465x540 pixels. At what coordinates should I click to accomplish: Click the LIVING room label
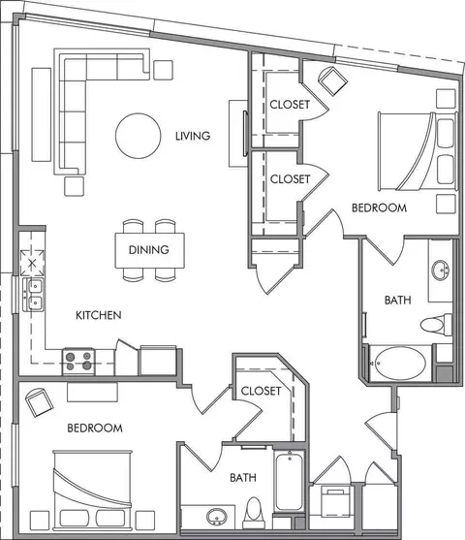tap(193, 136)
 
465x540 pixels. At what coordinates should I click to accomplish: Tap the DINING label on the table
tap(148, 250)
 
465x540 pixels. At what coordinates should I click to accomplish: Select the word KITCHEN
tap(99, 315)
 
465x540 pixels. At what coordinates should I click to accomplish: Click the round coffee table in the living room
tap(139, 136)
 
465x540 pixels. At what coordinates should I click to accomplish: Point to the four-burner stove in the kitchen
tap(78, 362)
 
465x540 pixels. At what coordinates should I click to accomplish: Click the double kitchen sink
tap(33, 295)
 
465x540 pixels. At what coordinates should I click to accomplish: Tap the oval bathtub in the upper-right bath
tap(400, 364)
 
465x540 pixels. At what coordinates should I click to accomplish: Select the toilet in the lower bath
tap(254, 513)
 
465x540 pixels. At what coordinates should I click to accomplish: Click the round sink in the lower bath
tap(217, 517)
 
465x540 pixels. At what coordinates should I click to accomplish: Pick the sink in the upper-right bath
tap(441, 270)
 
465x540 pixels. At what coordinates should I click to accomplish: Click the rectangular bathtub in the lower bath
tap(290, 482)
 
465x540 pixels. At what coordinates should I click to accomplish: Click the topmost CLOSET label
tap(290, 105)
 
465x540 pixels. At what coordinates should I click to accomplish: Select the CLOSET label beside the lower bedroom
tap(261, 391)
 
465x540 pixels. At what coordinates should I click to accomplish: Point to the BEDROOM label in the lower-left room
tap(95, 429)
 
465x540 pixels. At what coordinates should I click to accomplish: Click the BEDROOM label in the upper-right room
tap(380, 207)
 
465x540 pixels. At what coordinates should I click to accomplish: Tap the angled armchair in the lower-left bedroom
tap(40, 402)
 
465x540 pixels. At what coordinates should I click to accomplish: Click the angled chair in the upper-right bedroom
tap(333, 80)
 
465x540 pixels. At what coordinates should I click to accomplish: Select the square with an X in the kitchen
tap(32, 263)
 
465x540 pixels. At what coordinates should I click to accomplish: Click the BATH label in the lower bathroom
tap(243, 478)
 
